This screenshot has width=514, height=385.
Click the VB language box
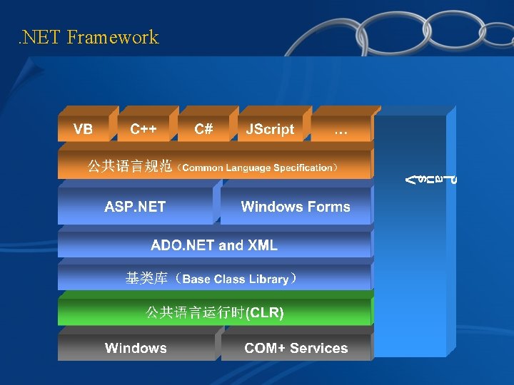[84, 129]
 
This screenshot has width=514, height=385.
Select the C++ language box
[143, 129]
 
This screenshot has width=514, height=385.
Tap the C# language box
[203, 129]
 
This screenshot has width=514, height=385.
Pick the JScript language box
[270, 129]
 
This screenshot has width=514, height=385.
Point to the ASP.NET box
[135, 207]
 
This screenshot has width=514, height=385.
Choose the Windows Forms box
[296, 207]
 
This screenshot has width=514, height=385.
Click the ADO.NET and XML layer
[214, 245]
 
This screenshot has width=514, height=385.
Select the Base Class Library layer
[214, 279]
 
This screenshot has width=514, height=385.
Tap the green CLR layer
[214, 312]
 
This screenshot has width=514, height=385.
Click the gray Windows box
[136, 348]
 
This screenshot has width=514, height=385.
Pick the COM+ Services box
[296, 348]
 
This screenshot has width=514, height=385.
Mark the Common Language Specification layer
[214, 168]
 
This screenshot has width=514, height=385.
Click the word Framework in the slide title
[113, 37]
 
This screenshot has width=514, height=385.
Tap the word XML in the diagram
[262, 245]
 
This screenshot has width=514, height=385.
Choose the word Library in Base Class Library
[268, 279]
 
